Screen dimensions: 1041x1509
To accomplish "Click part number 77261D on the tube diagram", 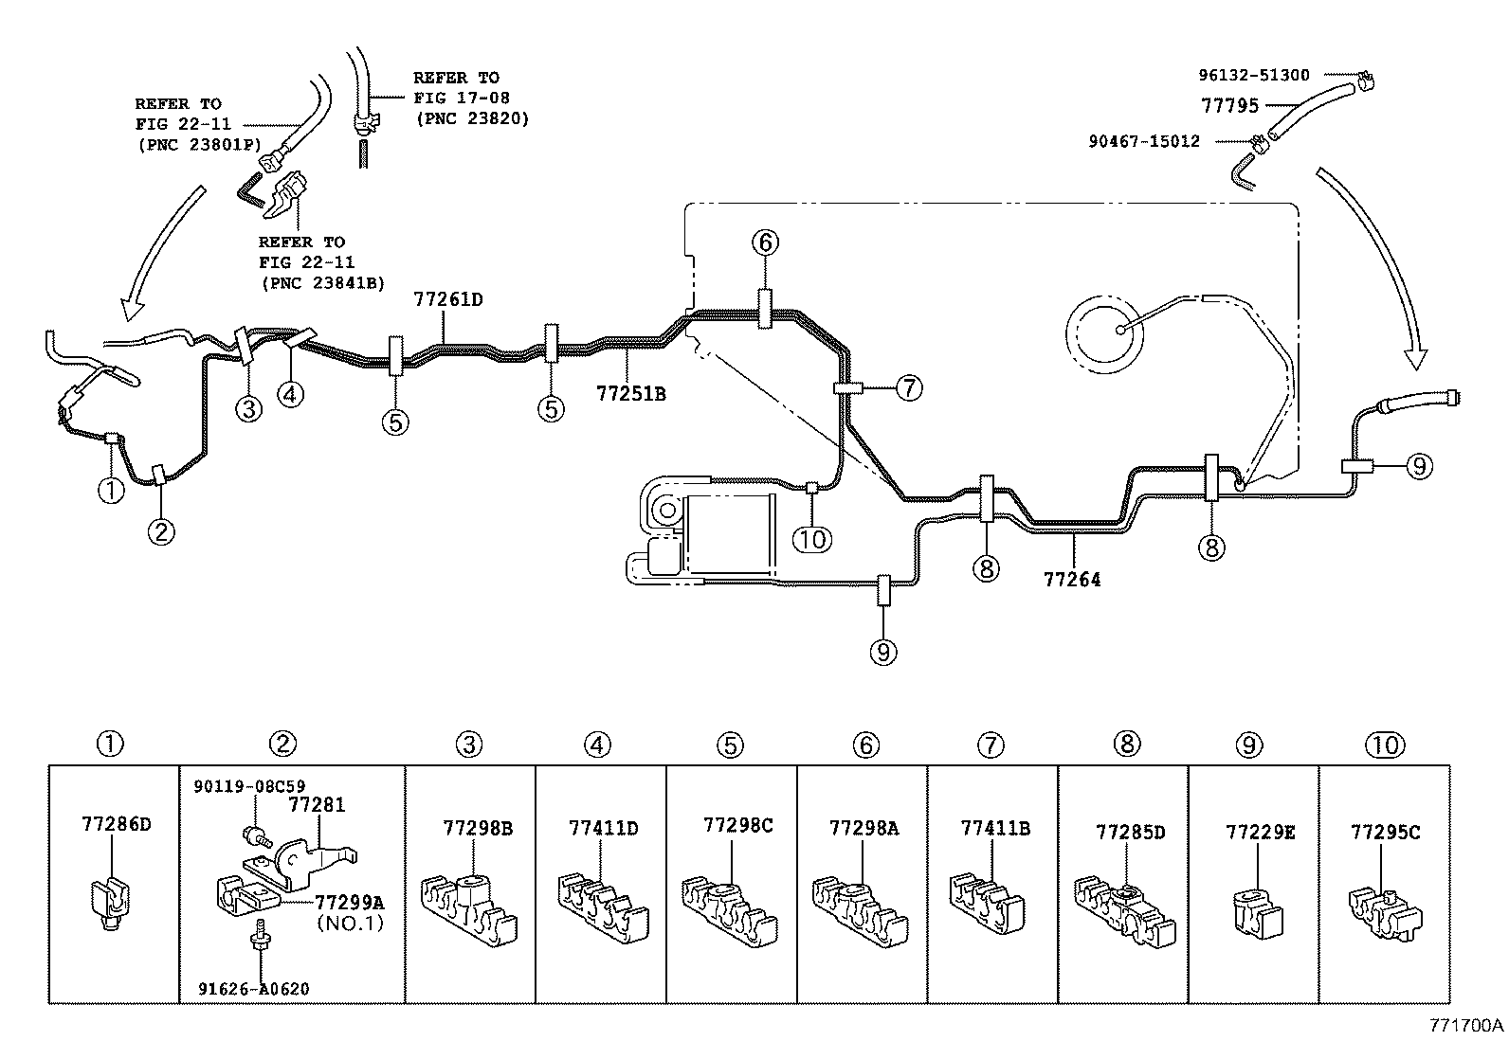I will [448, 300].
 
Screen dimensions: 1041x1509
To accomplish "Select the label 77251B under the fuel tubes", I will [630, 393].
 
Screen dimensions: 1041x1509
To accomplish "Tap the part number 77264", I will [1072, 580].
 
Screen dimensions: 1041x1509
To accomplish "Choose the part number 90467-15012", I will [1145, 142].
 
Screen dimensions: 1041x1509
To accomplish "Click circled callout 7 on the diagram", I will [908, 387].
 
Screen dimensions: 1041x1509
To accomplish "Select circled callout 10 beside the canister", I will [812, 539].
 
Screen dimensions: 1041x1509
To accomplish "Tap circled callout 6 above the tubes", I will [766, 242].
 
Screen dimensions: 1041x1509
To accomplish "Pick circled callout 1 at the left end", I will [111, 491].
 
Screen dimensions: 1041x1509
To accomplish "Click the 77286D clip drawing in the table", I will [112, 905].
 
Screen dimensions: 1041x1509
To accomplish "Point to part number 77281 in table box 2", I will [316, 806].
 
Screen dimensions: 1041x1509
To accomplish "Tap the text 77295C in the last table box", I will [1385, 833].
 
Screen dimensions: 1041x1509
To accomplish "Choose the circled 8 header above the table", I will [1127, 744].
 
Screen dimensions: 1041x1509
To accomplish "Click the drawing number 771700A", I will [1467, 1025].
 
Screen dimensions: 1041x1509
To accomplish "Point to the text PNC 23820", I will [472, 119].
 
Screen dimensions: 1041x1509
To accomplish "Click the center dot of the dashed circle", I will [1119, 329].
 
